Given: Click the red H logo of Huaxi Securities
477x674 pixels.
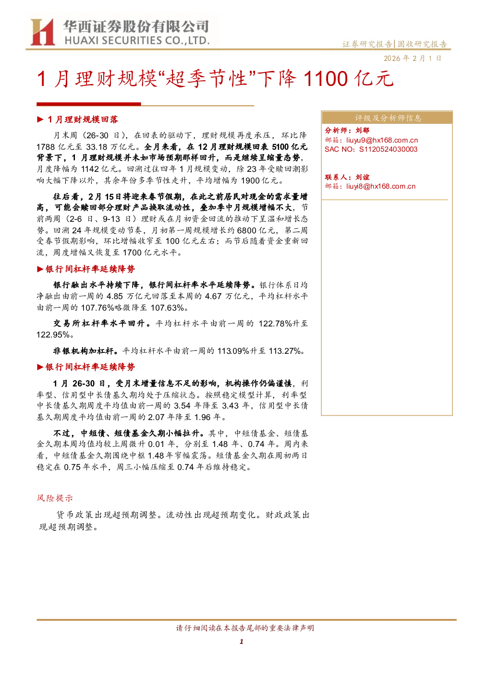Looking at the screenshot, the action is [x=42, y=32].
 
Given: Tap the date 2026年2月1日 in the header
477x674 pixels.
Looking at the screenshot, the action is [x=412, y=59].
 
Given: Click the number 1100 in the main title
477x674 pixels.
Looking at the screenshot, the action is [x=326, y=79].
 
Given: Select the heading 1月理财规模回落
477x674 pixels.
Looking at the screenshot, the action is [x=83, y=120].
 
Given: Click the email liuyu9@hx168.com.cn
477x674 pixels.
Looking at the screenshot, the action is [x=382, y=140].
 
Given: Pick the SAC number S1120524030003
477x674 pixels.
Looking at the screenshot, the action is [x=388, y=149].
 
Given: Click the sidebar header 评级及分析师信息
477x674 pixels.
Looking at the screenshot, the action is [x=388, y=118].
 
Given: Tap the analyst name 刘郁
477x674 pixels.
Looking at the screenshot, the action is [x=362, y=130].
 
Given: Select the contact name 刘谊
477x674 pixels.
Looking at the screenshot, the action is [x=362, y=177].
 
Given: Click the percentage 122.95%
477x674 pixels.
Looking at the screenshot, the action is [x=53, y=335].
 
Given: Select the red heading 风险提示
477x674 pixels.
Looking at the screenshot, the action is [x=55, y=498].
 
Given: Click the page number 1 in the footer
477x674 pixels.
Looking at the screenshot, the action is [x=241, y=641].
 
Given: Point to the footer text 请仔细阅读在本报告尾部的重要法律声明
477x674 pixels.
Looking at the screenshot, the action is [x=245, y=628].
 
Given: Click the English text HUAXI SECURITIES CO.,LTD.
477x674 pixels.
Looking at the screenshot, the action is [x=137, y=41].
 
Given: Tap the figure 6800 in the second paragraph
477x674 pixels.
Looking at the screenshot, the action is [x=247, y=230].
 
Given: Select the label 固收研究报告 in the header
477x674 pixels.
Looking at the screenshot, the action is [x=422, y=44].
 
